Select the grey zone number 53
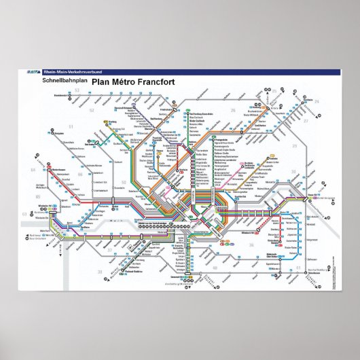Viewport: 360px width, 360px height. (77, 90)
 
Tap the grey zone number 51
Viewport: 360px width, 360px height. (70, 126)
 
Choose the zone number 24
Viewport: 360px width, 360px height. (317, 101)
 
